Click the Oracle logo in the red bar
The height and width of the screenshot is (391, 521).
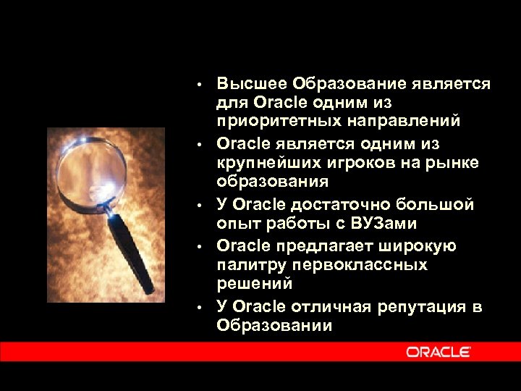point(439,352)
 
